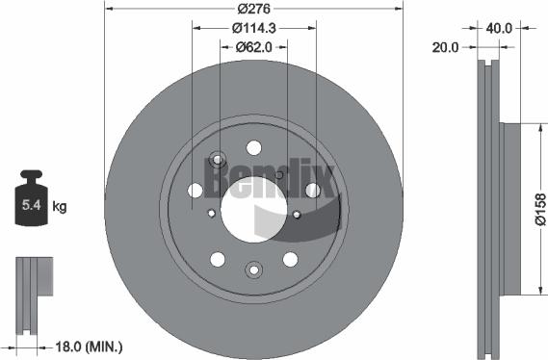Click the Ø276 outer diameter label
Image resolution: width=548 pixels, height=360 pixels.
(253, 9)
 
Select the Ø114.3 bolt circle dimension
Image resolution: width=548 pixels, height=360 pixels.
(254, 28)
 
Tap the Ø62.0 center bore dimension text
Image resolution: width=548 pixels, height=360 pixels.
(253, 47)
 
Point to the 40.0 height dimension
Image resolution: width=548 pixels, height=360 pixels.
(499, 28)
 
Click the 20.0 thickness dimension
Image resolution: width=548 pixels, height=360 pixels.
(445, 47)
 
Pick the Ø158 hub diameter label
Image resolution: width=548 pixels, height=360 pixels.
(540, 210)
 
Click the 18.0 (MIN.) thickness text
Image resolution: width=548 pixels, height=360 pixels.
(90, 347)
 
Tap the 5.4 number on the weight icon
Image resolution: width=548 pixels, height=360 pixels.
(32, 205)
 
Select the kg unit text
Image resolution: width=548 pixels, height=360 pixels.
(60, 207)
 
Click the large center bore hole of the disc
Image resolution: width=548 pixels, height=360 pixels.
(253, 210)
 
